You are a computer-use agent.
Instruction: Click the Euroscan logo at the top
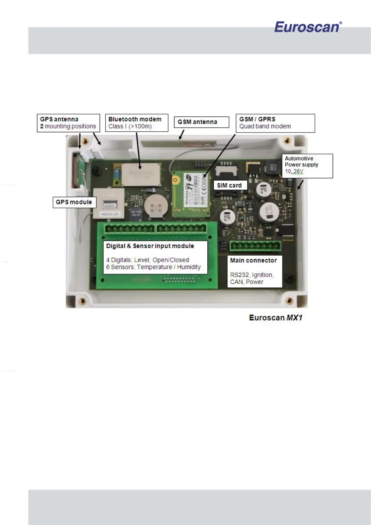pyautogui.click(x=308, y=27)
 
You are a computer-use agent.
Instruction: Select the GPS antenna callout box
pyautogui.click(x=68, y=123)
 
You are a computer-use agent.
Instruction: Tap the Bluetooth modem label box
pyautogui.click(x=136, y=123)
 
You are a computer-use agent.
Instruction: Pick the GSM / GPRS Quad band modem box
pyautogui.click(x=275, y=123)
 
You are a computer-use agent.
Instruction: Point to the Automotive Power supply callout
pyautogui.click(x=307, y=166)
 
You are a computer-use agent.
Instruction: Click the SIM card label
pyautogui.click(x=229, y=185)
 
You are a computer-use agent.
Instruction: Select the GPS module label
pyautogui.click(x=74, y=202)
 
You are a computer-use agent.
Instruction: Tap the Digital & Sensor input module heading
pyautogui.click(x=150, y=246)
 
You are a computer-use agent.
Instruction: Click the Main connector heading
pyautogui.click(x=253, y=260)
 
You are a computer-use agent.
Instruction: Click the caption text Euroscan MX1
pyautogui.click(x=275, y=318)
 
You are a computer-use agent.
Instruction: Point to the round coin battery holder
pyautogui.click(x=155, y=206)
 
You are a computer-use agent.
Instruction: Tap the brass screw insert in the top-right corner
pyautogui.click(x=288, y=141)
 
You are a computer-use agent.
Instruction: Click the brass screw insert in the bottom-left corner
pyautogui.click(x=83, y=301)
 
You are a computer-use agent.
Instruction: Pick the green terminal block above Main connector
pyautogui.click(x=255, y=246)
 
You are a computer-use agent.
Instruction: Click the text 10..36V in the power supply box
pyautogui.click(x=294, y=171)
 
